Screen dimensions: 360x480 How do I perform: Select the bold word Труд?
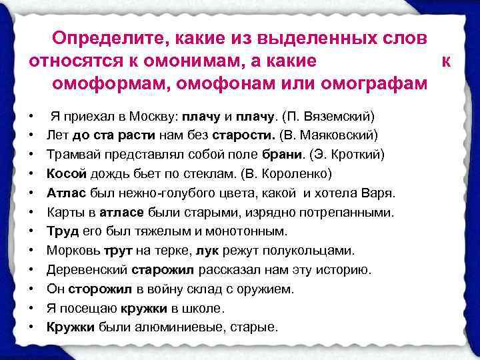click(x=61, y=231)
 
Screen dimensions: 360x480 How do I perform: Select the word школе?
click(x=206, y=309)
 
